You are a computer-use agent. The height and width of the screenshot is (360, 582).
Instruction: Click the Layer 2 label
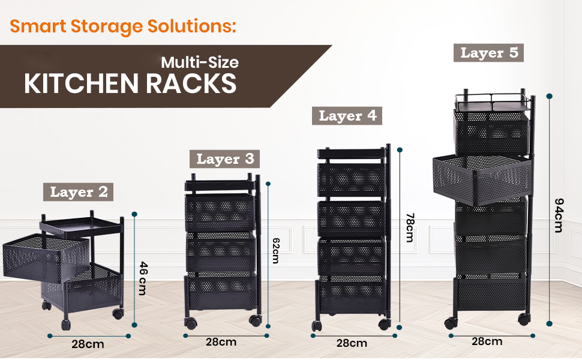[x=79, y=192]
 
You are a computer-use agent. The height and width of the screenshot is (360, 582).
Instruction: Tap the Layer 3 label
[x=225, y=159]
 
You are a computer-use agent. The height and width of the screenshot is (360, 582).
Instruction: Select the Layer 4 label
[x=347, y=116]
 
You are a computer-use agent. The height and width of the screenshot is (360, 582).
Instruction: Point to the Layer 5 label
[x=488, y=52]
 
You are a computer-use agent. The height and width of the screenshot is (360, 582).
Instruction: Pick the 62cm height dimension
[x=275, y=249]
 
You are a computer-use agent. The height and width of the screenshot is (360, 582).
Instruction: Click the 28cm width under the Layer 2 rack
[x=88, y=344]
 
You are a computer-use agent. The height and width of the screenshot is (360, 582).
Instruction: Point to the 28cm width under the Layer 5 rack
[x=486, y=341]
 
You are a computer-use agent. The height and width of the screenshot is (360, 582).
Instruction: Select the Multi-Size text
[x=199, y=62]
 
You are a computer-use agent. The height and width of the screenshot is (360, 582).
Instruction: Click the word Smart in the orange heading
[x=39, y=26]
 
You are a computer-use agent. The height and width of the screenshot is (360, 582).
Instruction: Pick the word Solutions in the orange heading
[x=190, y=26]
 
